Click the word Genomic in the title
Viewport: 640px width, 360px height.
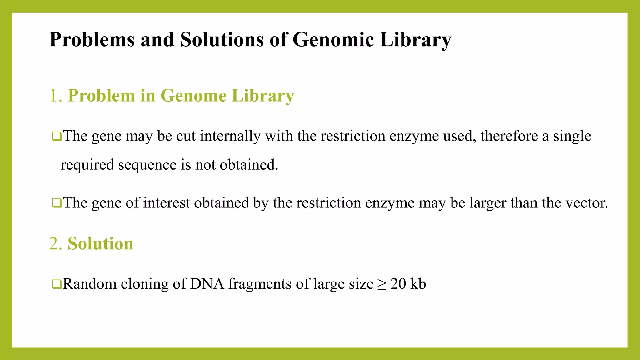[333, 40]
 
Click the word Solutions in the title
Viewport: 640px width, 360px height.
[222, 40]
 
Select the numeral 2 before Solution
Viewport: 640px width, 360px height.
[53, 244]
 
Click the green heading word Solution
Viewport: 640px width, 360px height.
[100, 244]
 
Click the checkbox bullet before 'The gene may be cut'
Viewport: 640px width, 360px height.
[57, 136]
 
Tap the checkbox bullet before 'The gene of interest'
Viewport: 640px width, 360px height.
[57, 203]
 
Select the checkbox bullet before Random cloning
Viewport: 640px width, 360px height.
[57, 284]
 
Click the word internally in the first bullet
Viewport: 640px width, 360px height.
[230, 136]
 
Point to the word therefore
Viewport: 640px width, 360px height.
[509, 136]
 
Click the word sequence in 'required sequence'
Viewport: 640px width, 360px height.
[147, 165]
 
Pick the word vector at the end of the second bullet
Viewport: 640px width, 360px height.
[587, 203]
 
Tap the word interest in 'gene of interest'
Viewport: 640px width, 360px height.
[167, 203]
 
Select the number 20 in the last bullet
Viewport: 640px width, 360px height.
[398, 284]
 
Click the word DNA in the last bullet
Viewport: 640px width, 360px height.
[207, 284]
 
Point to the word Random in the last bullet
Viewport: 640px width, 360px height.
[90, 284]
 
